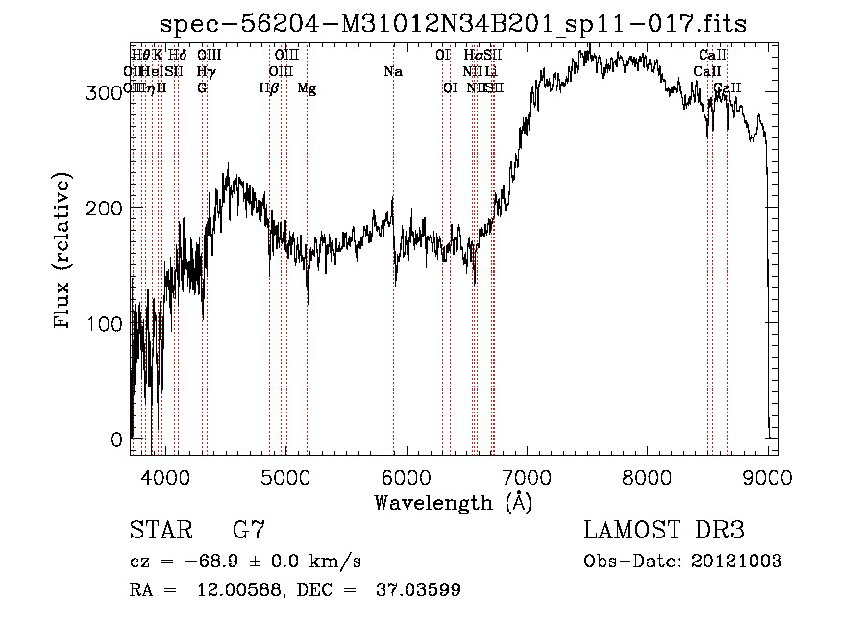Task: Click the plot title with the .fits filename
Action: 454,24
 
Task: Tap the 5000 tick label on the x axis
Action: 285,476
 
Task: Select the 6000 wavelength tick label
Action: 406,476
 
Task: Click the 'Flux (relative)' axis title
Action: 64,252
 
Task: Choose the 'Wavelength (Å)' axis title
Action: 454,502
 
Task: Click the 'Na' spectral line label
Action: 392,71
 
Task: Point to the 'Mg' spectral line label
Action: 307,88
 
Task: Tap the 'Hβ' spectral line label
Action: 269,88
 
